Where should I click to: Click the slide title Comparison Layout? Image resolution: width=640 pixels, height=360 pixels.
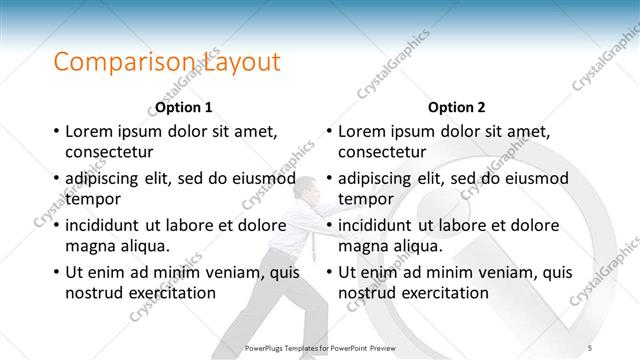tap(166, 62)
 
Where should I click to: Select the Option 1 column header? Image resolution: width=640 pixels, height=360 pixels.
tap(184, 107)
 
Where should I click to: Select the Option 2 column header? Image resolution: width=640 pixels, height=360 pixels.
tap(457, 107)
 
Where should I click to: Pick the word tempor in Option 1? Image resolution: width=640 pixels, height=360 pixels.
tap(93, 199)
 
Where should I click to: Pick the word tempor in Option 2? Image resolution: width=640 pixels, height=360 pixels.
tap(366, 199)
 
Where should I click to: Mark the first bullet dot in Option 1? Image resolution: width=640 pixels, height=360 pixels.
tap(56, 131)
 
